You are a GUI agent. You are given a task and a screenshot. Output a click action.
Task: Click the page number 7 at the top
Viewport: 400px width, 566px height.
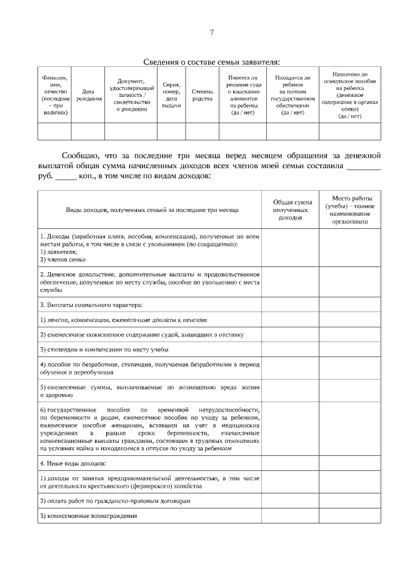coord(212,32)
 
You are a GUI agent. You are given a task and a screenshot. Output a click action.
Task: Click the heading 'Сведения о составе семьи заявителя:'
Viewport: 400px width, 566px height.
coord(212,61)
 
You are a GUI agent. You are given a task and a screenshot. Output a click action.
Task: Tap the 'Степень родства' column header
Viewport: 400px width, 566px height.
coord(202,95)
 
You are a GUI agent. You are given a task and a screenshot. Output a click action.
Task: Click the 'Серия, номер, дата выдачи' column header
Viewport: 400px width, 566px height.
coord(171,95)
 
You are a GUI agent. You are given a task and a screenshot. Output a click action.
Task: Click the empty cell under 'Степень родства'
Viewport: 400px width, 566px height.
coord(202,131)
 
